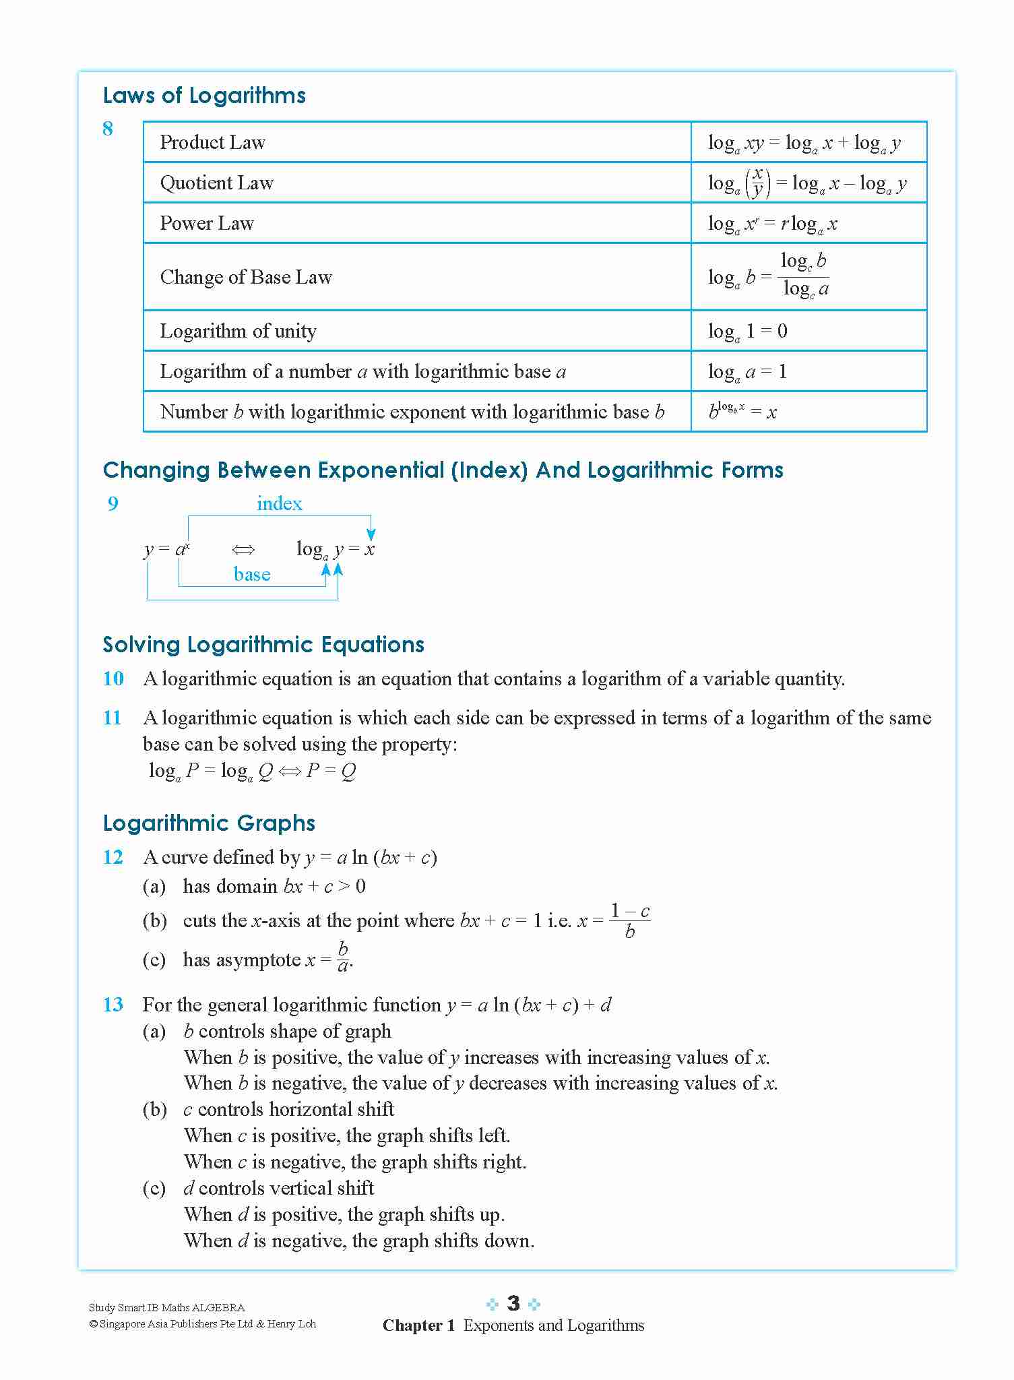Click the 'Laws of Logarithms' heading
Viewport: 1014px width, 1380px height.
(204, 96)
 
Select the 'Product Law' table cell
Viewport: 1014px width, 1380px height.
(213, 142)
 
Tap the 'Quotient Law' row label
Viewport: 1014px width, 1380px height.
(217, 183)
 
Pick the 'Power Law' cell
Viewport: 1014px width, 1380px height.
(207, 223)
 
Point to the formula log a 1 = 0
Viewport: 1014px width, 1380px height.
(747, 331)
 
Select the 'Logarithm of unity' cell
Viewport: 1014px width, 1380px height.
(238, 331)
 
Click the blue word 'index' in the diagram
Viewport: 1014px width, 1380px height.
(279, 503)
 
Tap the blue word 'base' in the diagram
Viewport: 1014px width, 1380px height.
(252, 574)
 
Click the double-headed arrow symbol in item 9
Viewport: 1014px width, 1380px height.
(243, 550)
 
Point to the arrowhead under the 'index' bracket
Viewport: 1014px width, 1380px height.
(371, 535)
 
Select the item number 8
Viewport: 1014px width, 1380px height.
(108, 129)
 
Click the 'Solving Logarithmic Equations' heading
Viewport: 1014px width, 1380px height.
(263, 645)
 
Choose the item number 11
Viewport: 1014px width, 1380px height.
(113, 718)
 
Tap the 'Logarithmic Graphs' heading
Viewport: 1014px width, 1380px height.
(210, 823)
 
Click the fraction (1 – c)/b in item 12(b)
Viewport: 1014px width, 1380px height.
(630, 921)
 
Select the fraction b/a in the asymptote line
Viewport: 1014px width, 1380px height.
(342, 958)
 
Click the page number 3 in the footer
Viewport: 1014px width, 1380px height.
(513, 1303)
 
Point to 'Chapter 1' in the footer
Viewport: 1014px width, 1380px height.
(418, 1325)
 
